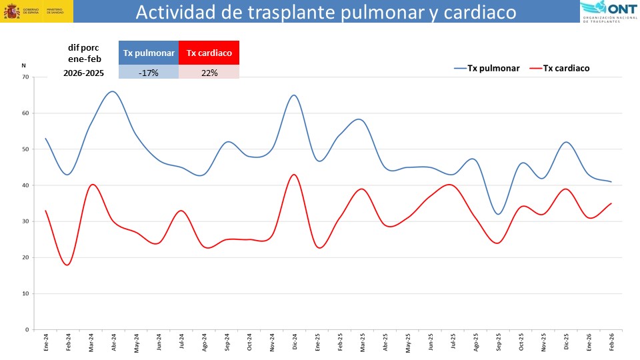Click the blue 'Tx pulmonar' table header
click(x=149, y=53)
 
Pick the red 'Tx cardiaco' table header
click(x=209, y=53)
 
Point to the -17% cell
click(x=149, y=73)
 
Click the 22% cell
click(x=209, y=73)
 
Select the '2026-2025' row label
click(x=84, y=73)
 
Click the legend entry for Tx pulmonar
click(x=487, y=68)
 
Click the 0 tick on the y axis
click(x=27, y=329)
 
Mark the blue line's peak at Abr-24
click(x=113, y=91)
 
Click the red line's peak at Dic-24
click(x=294, y=175)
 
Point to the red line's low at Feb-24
click(x=67, y=265)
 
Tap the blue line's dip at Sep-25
click(x=498, y=214)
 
